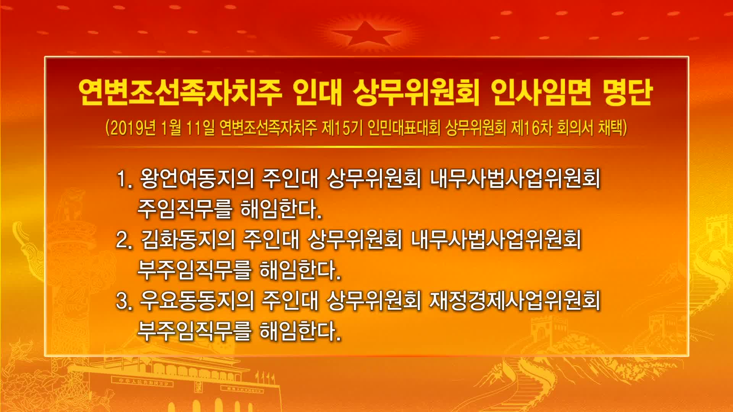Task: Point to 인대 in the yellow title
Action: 318,93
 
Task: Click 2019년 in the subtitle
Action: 132,128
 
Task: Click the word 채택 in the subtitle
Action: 610,128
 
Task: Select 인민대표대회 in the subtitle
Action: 404,128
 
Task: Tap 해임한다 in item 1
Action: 281,209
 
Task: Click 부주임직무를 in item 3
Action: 194,331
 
